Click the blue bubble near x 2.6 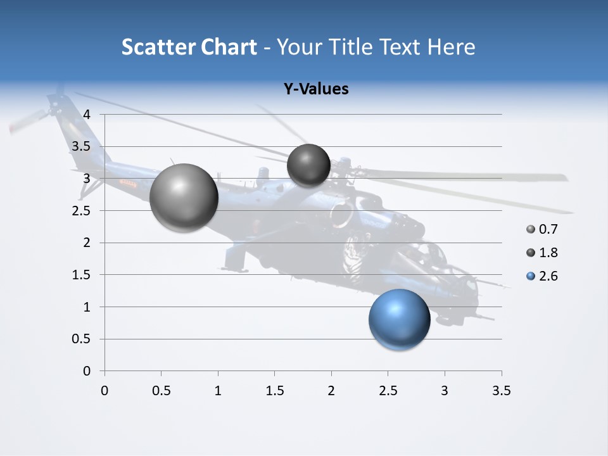coord(399,319)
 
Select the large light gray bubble coord(184,198)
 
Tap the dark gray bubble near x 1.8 coord(308,165)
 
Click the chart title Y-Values coord(316,89)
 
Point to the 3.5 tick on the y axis coord(81,146)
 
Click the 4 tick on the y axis coord(87,115)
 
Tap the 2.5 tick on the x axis coord(388,391)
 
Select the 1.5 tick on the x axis coord(274,391)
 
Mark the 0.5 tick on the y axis coord(81,339)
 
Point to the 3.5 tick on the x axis coord(501,391)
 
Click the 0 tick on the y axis coord(87,371)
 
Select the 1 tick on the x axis coord(218,391)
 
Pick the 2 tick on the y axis coord(87,243)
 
